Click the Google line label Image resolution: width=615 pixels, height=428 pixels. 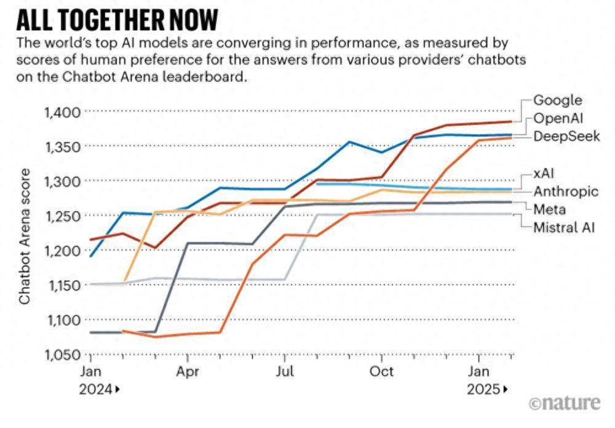[557, 100]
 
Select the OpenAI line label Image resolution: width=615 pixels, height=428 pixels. [557, 118]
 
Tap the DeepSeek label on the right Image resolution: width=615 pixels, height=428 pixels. [566, 135]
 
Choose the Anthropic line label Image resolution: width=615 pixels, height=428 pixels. [565, 192]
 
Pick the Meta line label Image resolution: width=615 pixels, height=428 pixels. [550, 209]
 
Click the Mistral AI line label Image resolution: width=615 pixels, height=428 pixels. [564, 227]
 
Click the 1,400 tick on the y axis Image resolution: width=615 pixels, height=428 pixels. [63, 112]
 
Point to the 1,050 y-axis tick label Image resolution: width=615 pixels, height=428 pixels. [63, 355]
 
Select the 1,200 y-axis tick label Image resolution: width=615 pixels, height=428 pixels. [63, 251]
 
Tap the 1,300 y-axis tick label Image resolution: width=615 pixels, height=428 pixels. [63, 181]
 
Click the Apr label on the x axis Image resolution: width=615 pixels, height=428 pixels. [187, 372]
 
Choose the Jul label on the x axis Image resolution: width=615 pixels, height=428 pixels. [284, 372]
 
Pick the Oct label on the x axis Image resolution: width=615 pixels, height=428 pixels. [382, 372]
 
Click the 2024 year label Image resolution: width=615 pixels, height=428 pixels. [96, 389]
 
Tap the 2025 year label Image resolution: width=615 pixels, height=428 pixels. [483, 389]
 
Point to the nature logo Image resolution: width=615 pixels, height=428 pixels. [565, 403]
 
